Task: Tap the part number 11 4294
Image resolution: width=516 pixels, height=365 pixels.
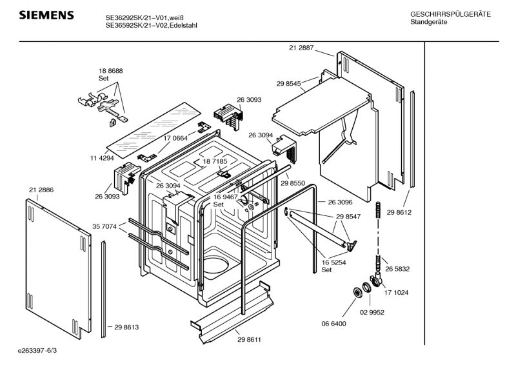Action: click(101, 157)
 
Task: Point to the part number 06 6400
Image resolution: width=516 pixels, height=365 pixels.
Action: click(334, 323)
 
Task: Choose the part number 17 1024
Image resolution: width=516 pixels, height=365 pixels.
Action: click(397, 292)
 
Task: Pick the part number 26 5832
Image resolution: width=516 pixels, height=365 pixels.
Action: click(397, 269)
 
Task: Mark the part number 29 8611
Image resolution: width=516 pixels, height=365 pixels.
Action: click(248, 339)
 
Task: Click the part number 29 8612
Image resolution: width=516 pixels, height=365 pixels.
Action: click(399, 212)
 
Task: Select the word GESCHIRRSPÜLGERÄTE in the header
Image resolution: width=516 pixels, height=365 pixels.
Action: click(450, 14)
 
